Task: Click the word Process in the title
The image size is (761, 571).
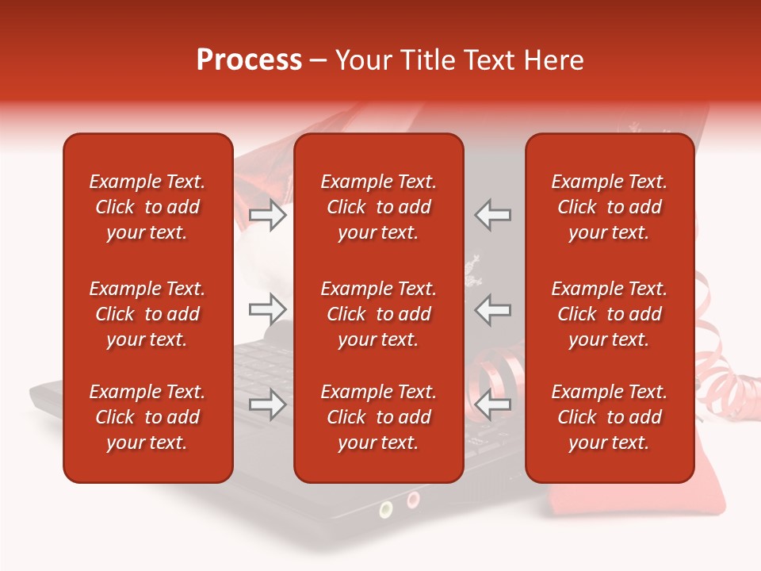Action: point(249,60)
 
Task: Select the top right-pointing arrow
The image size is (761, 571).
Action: point(267,215)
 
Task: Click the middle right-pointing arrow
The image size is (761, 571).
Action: point(267,309)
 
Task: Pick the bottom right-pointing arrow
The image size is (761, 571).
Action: point(267,405)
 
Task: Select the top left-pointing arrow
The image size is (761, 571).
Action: point(493,215)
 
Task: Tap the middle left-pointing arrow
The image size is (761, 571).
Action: point(493,309)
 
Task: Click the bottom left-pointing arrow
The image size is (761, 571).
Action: point(493,405)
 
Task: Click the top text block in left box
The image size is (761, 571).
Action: point(147,207)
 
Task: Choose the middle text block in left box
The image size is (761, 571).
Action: point(147,314)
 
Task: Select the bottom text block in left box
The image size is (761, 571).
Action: point(147,417)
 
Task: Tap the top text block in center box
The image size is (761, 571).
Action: point(378,207)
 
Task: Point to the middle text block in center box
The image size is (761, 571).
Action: point(378,314)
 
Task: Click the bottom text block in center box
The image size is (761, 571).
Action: point(378,417)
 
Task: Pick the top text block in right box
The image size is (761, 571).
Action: point(609,207)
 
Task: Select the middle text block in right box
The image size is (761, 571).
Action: point(609,314)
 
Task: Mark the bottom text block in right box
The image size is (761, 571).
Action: point(609,417)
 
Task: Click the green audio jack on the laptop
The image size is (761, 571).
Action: point(386,508)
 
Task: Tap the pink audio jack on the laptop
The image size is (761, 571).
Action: point(413,499)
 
